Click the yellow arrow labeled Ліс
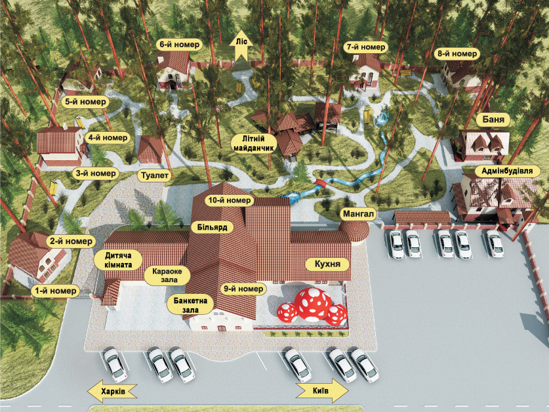[x=241, y=49]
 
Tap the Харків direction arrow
[x=112, y=391]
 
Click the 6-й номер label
[x=180, y=45]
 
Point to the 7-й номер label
[x=365, y=47]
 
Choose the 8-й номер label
[x=457, y=54]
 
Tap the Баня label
[x=493, y=120]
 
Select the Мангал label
[x=358, y=214]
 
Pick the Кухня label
[x=328, y=264]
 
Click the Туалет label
[x=155, y=176]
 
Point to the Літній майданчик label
[x=253, y=144]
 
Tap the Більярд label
[x=212, y=228]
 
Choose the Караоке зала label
[x=167, y=276]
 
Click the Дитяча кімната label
[x=119, y=260]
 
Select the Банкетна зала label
[x=190, y=305]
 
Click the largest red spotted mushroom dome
[x=313, y=304]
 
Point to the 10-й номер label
[x=230, y=200]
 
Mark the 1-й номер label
[x=56, y=291]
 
